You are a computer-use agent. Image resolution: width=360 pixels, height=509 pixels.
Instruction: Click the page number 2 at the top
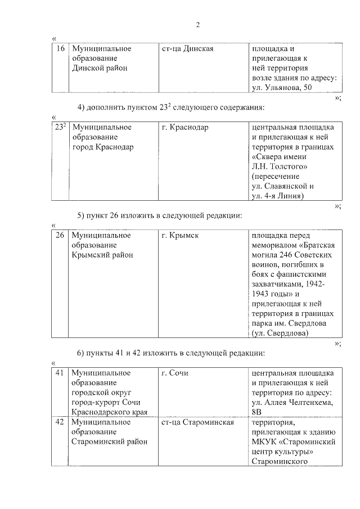click(198, 24)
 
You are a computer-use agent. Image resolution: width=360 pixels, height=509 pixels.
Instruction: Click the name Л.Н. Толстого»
click(279, 166)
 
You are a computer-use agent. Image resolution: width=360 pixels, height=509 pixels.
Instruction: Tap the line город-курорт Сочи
click(105, 403)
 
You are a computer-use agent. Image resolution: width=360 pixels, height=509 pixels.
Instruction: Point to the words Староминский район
click(110, 442)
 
